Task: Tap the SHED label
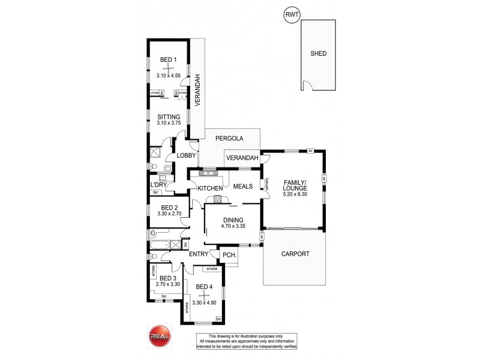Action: (x=318, y=53)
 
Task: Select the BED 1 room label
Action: (x=168, y=59)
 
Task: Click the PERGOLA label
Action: (x=229, y=139)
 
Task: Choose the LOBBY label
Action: (x=186, y=157)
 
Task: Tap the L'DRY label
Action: (x=158, y=184)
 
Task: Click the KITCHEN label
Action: (x=206, y=189)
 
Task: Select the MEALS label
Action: (x=242, y=186)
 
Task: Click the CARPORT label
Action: (x=295, y=254)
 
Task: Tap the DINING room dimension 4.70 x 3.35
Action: (x=233, y=227)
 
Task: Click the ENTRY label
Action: (x=199, y=254)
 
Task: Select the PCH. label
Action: (x=228, y=255)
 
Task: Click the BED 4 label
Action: (x=204, y=287)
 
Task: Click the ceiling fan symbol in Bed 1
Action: (x=169, y=69)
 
